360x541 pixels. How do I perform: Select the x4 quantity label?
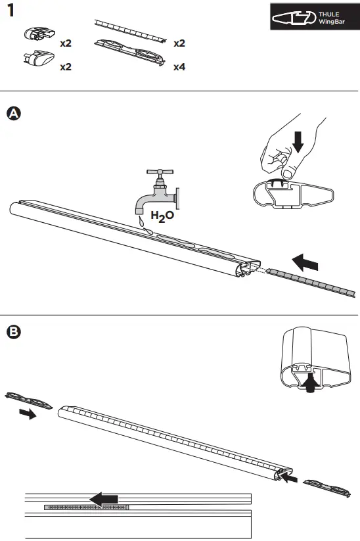point(179,67)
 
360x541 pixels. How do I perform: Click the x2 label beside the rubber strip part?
point(179,43)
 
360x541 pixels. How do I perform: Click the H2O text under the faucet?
point(163,215)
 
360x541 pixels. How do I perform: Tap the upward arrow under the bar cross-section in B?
point(309,383)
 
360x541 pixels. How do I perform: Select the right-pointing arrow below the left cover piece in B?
point(28,415)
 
